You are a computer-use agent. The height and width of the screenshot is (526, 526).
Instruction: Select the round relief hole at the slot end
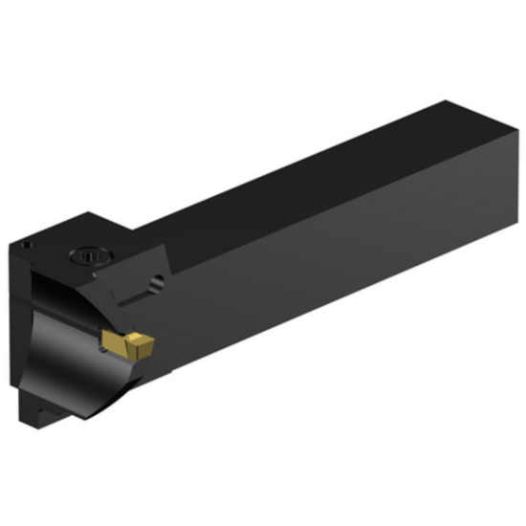click(x=156, y=284)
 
